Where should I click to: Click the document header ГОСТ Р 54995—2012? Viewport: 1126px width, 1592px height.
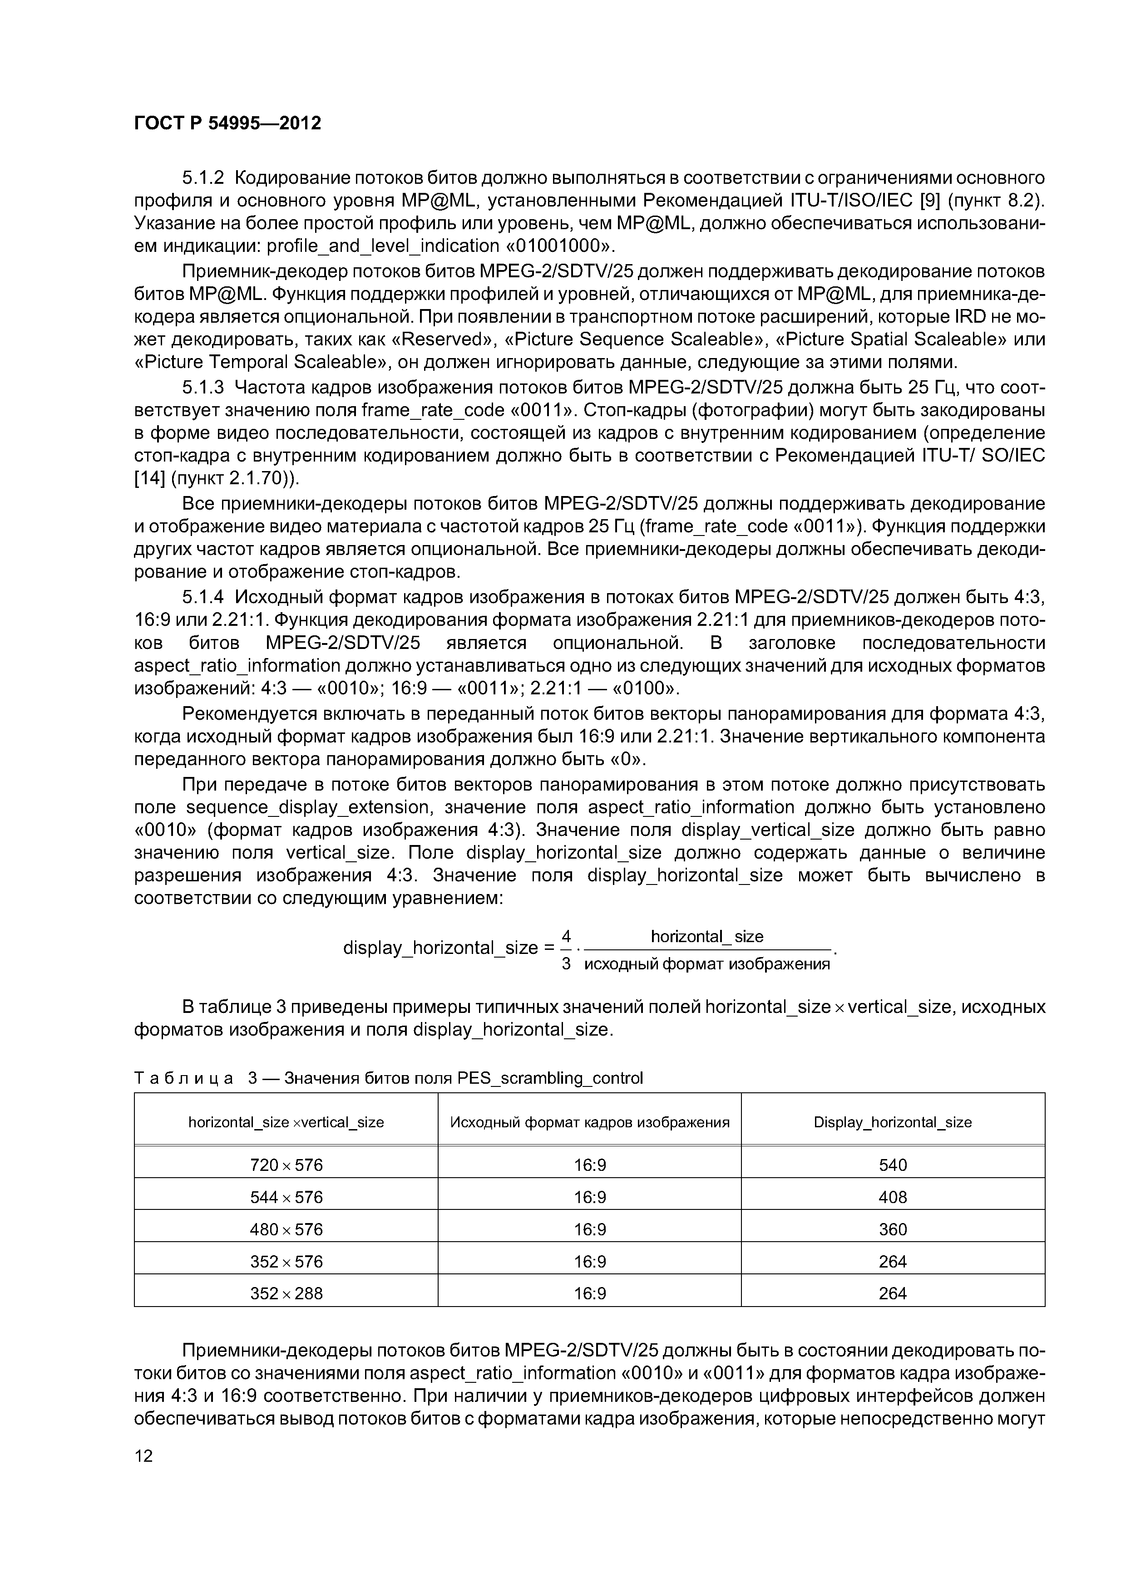coord(227,123)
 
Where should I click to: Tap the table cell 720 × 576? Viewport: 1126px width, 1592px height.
coord(286,1165)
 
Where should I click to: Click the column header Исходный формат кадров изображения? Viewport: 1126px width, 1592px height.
coord(590,1122)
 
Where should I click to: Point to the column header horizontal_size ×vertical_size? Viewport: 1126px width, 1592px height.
coord(286,1122)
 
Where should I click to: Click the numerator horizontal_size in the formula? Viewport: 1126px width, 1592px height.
coord(706,938)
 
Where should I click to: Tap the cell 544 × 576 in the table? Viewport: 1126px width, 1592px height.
coord(286,1198)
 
